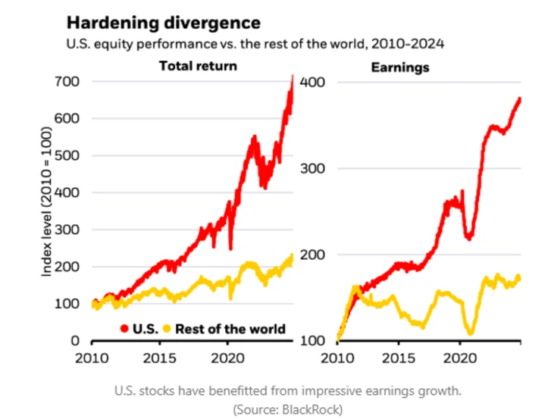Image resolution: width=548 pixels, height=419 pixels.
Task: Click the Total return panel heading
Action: tap(197, 66)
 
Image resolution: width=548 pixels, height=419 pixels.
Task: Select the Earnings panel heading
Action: tap(400, 67)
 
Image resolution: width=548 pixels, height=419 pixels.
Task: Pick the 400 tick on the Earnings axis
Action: tap(313, 82)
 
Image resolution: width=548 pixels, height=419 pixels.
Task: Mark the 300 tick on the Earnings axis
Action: tap(313, 168)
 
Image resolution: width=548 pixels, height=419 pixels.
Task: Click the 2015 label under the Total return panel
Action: tap(159, 357)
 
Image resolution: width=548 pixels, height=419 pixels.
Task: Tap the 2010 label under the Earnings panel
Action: tap(337, 357)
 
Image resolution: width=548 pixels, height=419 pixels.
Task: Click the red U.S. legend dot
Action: tap(124, 328)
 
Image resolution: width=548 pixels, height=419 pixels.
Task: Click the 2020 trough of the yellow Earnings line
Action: tap(471, 333)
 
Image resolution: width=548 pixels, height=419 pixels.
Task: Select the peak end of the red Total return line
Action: tap(293, 77)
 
